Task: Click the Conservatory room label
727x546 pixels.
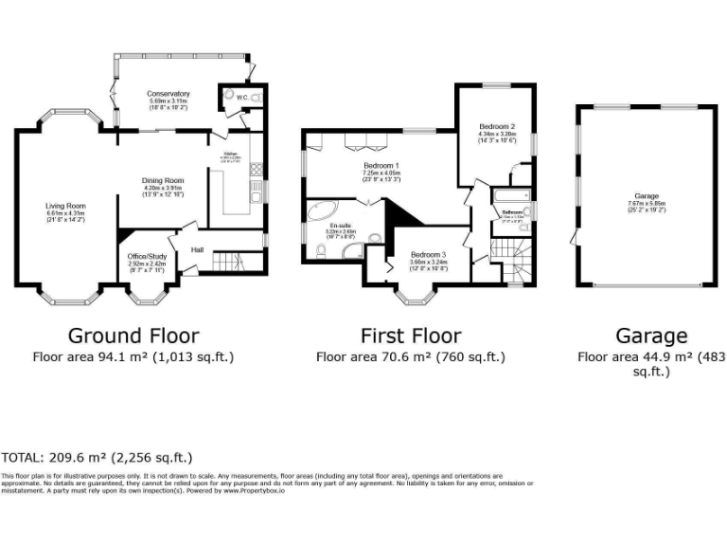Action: pyautogui.click(x=168, y=94)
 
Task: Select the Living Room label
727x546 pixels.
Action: pyautogui.click(x=66, y=205)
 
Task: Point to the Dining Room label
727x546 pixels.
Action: pyautogui.click(x=163, y=180)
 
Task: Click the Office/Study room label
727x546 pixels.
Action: pyautogui.click(x=146, y=256)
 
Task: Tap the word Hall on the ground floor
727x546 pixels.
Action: pyautogui.click(x=197, y=249)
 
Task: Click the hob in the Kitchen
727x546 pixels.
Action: pyautogui.click(x=256, y=171)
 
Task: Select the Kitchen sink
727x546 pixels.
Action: pyautogui.click(x=256, y=194)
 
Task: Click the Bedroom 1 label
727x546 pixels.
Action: pyautogui.click(x=381, y=166)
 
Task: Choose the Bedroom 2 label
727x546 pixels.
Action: pyautogui.click(x=497, y=126)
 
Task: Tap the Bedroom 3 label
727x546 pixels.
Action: pyautogui.click(x=428, y=255)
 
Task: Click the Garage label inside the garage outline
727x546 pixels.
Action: pyautogui.click(x=647, y=196)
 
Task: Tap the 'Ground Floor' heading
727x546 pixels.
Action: pyautogui.click(x=133, y=336)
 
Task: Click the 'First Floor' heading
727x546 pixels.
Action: pyautogui.click(x=411, y=336)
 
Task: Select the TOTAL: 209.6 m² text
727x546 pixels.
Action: pyautogui.click(x=97, y=456)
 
